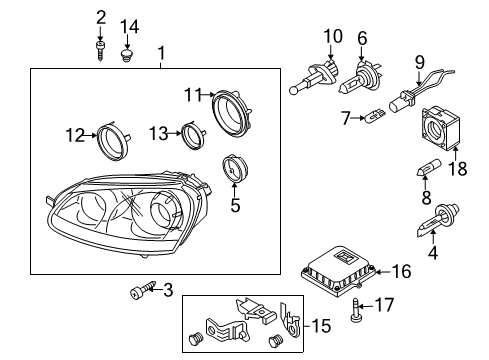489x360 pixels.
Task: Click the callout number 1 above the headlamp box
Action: [161, 53]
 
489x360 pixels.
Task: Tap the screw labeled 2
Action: [100, 51]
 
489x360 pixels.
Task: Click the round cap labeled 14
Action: [126, 55]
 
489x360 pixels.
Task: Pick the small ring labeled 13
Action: [194, 135]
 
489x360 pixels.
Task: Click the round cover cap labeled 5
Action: [235, 169]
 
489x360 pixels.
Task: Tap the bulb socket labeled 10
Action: [314, 77]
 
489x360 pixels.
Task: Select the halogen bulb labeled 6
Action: [356, 77]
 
